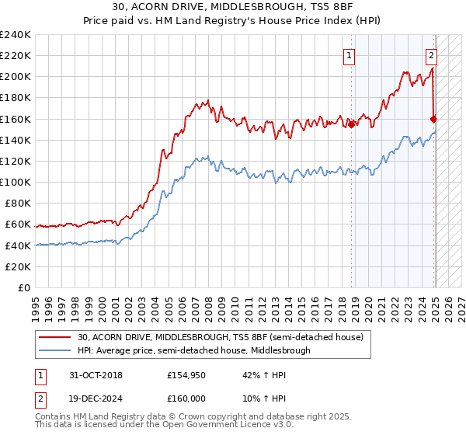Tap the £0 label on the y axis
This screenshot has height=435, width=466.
[x=24, y=287]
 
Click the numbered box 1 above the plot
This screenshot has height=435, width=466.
[x=350, y=55]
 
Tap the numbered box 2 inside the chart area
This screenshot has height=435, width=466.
[x=431, y=55]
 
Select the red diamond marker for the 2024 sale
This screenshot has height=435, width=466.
[x=433, y=119]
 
